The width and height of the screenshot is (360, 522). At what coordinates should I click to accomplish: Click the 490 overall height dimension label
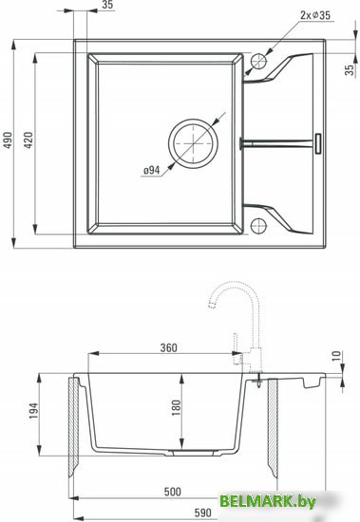(x=8, y=140)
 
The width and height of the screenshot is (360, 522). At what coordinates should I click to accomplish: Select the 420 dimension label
(x=28, y=140)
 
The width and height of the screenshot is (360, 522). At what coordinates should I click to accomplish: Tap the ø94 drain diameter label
(x=150, y=170)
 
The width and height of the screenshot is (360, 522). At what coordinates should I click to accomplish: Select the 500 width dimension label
(x=172, y=492)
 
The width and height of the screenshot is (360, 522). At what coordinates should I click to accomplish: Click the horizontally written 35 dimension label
(x=106, y=6)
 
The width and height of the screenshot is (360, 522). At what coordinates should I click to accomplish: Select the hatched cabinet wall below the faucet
(x=273, y=427)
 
